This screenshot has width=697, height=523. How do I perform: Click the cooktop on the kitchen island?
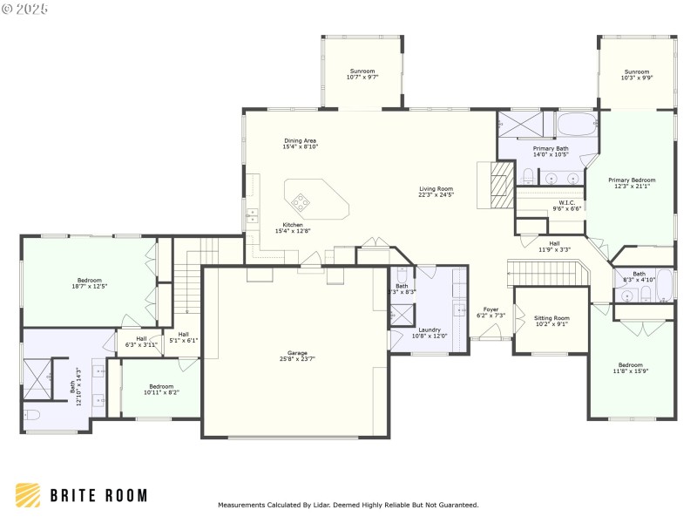pyautogui.click(x=301, y=203)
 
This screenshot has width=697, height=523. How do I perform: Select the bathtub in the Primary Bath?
pyautogui.click(x=575, y=126)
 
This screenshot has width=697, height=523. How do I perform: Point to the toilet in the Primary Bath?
pyautogui.click(x=529, y=177)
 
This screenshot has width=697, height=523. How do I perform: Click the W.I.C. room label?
pyautogui.click(x=566, y=206)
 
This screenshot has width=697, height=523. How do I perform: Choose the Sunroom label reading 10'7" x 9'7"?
pyautogui.click(x=362, y=74)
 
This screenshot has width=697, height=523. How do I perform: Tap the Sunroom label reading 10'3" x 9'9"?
pyautogui.click(x=636, y=75)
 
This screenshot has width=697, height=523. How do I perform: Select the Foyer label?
pyautogui.click(x=491, y=312)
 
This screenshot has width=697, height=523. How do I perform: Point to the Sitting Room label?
pyautogui.click(x=552, y=321)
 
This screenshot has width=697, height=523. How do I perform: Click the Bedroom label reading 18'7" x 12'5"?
pyautogui.click(x=89, y=282)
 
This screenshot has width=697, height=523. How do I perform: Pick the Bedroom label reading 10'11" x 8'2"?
pyautogui.click(x=160, y=389)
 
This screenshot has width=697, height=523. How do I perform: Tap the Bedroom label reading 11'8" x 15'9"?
pyautogui.click(x=631, y=368)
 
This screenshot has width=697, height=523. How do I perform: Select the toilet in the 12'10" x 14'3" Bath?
pyautogui.click(x=31, y=414)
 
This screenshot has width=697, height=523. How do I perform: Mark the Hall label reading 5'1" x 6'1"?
pyautogui.click(x=183, y=336)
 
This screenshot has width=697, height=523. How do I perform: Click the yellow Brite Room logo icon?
pyautogui.click(x=27, y=495)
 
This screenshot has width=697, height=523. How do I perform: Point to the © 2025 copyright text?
pyautogui.click(x=25, y=10)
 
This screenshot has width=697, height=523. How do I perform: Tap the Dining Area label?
pyautogui.click(x=300, y=144)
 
